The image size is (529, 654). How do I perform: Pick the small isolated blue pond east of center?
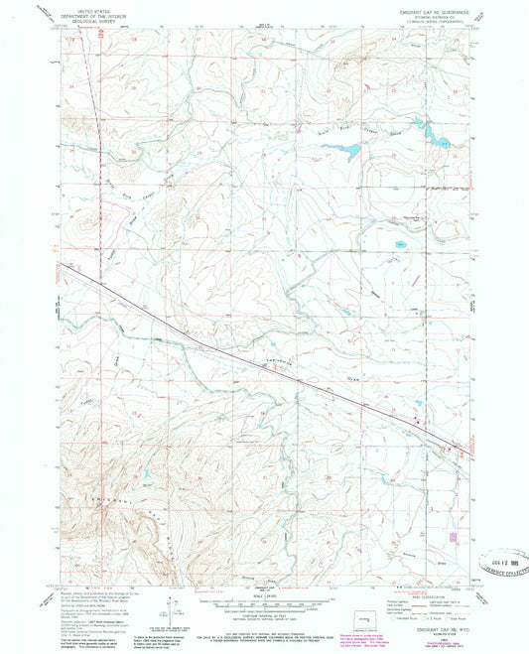click(401, 243)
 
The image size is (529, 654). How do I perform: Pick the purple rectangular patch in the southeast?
click(455, 537)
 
